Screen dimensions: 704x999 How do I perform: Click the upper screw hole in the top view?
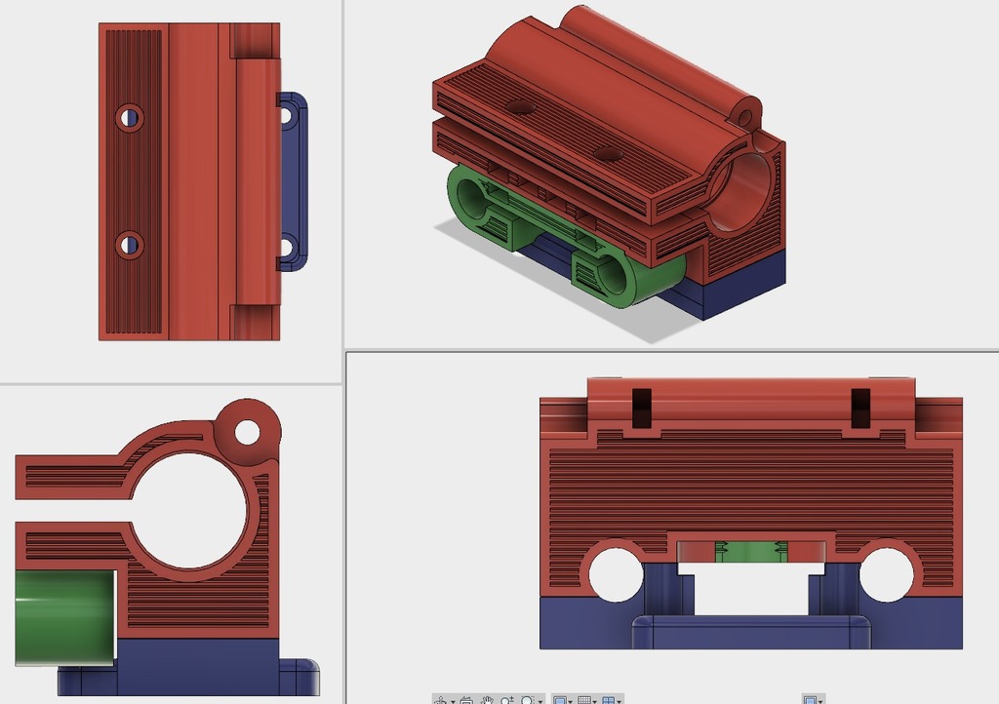[x=129, y=118]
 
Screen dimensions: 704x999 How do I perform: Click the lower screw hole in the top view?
[x=129, y=244]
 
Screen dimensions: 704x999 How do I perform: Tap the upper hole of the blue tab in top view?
[x=286, y=115]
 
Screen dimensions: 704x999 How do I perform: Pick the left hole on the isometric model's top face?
[x=521, y=106]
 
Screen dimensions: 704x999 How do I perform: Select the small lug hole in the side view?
[x=247, y=431]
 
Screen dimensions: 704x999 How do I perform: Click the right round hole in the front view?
[x=886, y=573]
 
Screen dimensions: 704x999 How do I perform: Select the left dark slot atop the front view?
[x=641, y=408]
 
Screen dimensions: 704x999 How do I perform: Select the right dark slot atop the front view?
[x=860, y=408]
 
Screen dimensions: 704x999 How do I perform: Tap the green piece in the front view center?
[x=750, y=552]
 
